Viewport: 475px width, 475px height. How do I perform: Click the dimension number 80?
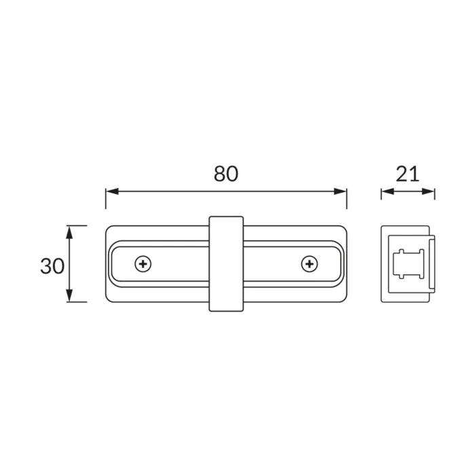[226, 174]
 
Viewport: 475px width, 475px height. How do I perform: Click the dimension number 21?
[407, 174]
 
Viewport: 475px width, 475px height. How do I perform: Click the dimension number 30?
[52, 266]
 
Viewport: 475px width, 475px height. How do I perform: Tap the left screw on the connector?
[143, 264]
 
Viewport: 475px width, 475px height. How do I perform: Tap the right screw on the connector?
[309, 264]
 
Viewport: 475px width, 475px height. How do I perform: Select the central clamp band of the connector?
[226, 264]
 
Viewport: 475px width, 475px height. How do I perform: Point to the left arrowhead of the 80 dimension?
[112, 191]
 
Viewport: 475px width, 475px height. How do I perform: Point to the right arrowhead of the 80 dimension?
[340, 191]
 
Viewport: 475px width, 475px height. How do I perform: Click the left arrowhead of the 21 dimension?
[387, 191]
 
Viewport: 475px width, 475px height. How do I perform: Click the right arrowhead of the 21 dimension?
[428, 191]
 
